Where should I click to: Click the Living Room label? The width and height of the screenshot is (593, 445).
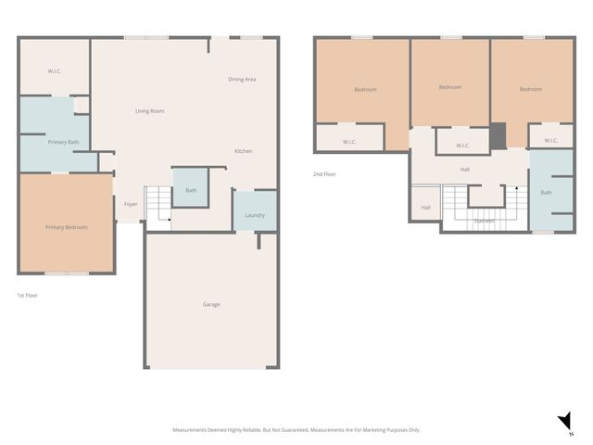(x=149, y=111)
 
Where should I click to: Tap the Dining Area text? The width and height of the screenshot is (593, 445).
(x=242, y=80)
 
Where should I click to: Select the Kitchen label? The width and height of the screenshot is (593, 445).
(x=243, y=151)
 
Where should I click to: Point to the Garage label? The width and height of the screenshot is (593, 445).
(x=211, y=304)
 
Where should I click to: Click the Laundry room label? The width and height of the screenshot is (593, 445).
(x=254, y=215)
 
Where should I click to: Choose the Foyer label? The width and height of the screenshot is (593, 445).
(x=131, y=204)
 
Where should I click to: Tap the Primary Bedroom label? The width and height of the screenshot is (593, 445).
(x=66, y=226)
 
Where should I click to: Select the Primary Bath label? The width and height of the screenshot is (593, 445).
(x=63, y=142)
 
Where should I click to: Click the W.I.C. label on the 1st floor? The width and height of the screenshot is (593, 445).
(x=55, y=71)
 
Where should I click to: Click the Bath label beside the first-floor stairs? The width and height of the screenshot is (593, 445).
(x=191, y=190)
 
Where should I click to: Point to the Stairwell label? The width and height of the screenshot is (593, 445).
(x=484, y=221)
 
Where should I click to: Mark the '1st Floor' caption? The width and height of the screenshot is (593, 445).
(x=28, y=295)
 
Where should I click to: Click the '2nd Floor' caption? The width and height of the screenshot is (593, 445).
(x=323, y=173)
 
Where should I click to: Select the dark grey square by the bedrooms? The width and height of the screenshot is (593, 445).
(x=498, y=135)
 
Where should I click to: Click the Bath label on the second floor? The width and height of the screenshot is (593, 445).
(x=546, y=193)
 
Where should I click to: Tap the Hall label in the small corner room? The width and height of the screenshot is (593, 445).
(x=425, y=208)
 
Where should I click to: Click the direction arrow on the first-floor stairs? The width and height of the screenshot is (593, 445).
(x=146, y=216)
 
